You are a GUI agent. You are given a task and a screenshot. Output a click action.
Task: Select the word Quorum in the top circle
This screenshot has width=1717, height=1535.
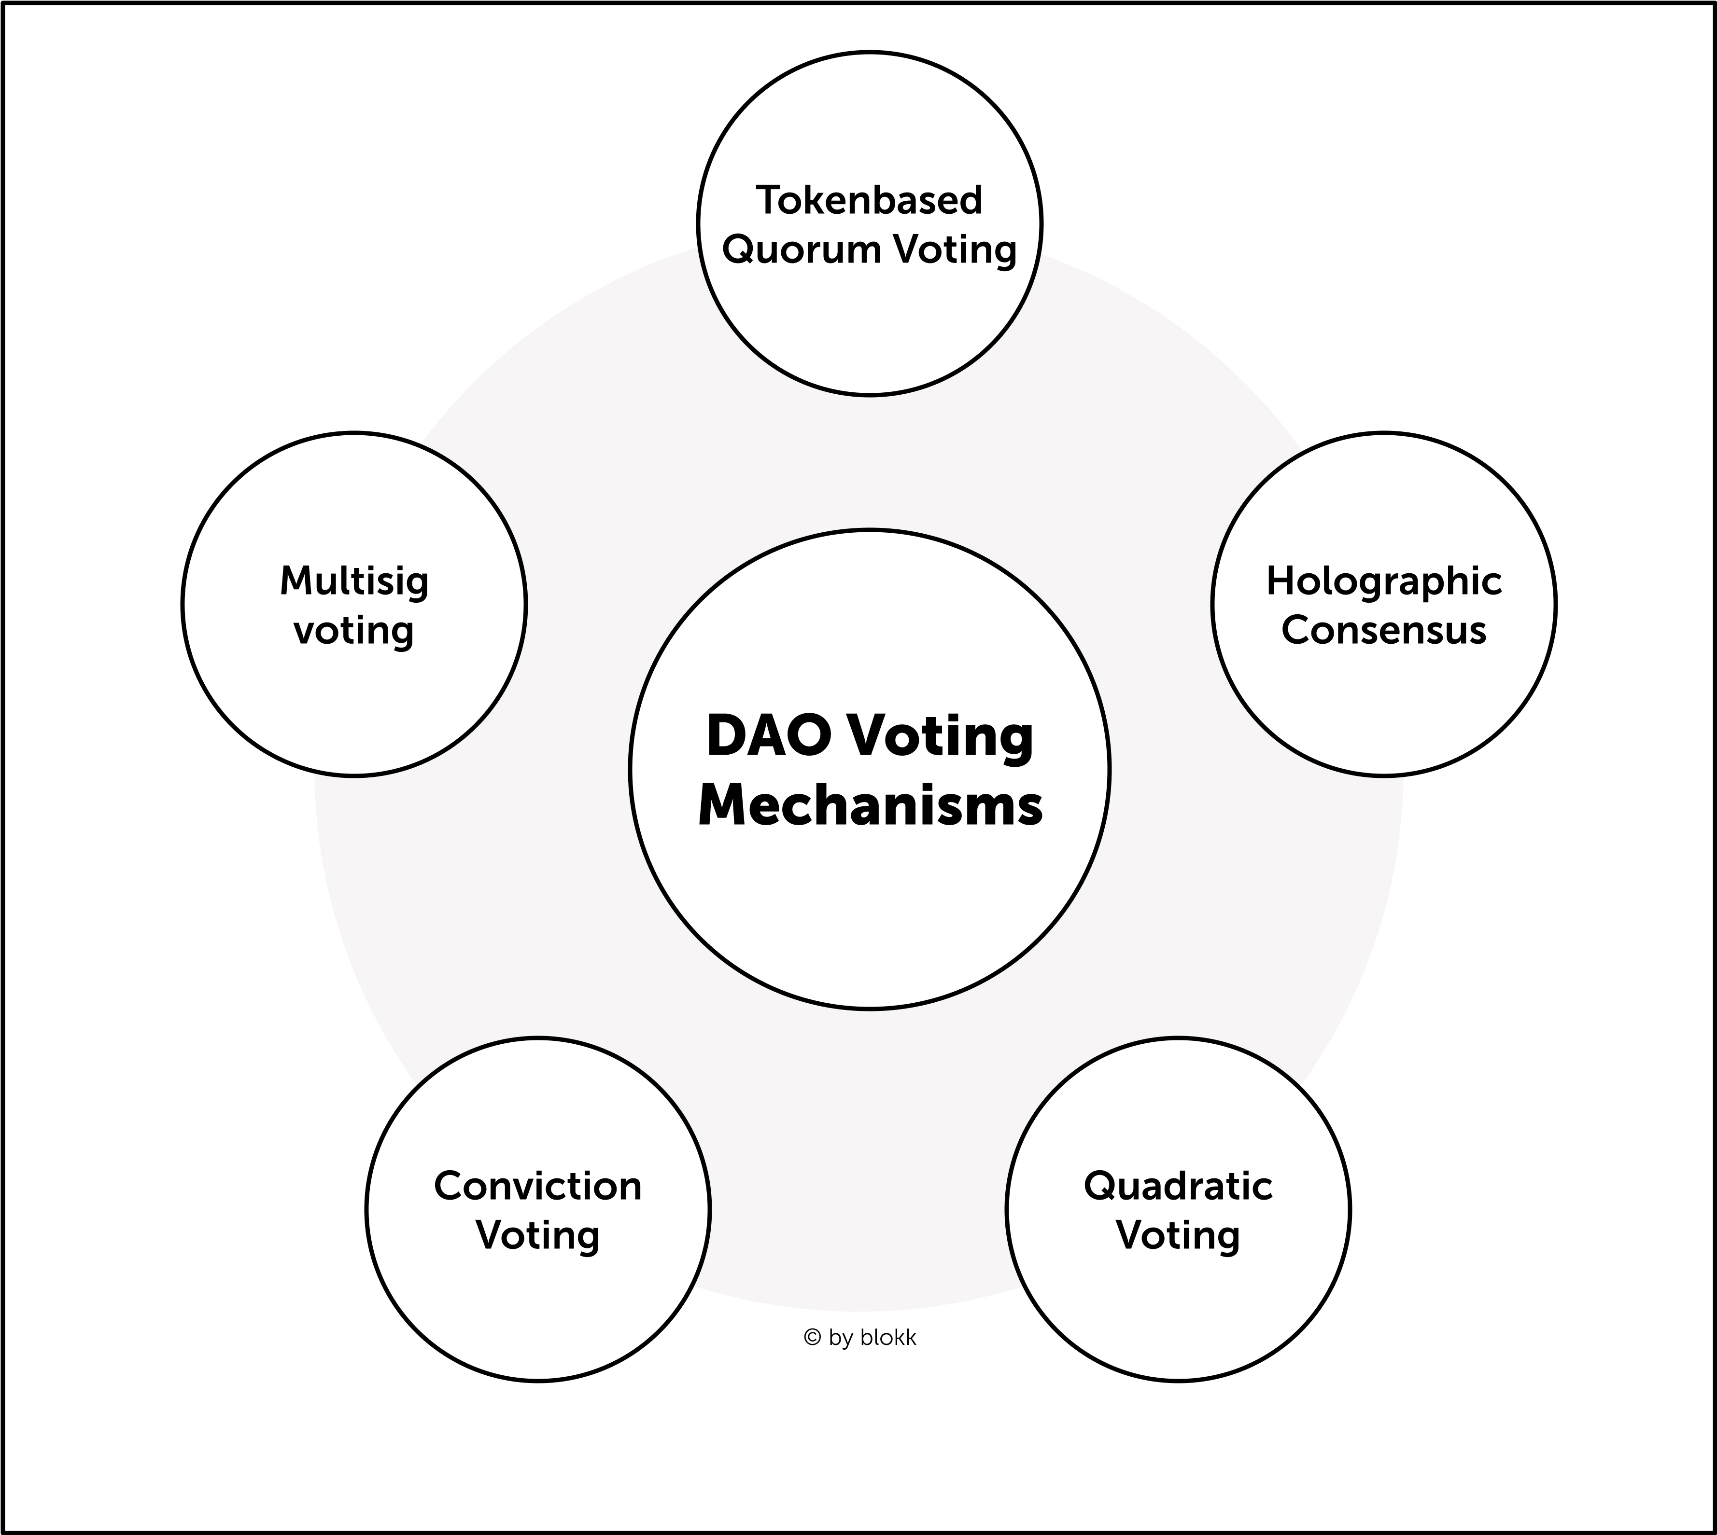coord(790,249)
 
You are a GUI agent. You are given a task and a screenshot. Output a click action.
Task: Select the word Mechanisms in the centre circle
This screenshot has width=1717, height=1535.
coord(870,805)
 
